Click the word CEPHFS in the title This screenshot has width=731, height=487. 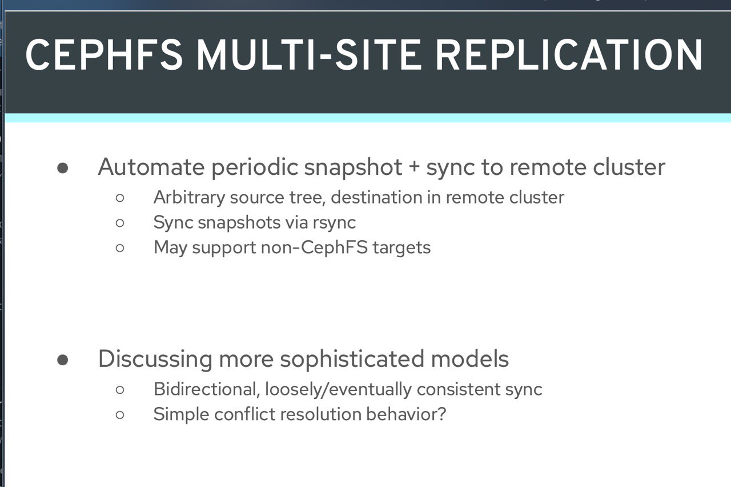click(x=104, y=54)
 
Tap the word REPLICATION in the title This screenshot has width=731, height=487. click(x=569, y=54)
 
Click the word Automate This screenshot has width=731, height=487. click(x=151, y=167)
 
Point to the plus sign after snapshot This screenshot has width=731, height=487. click(x=414, y=166)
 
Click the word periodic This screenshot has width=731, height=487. click(x=255, y=168)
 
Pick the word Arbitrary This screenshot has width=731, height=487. click(x=189, y=198)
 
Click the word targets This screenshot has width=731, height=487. click(x=401, y=248)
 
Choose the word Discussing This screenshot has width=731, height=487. click(x=155, y=360)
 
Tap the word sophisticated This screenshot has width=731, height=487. click(x=352, y=360)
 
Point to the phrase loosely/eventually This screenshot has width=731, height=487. click(x=338, y=390)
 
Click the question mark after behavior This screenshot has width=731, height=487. click(x=441, y=414)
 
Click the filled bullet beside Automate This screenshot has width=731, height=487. click(x=62, y=168)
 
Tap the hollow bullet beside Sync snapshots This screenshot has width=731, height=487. click(x=120, y=223)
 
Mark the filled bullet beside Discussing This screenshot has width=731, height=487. click(x=62, y=360)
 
